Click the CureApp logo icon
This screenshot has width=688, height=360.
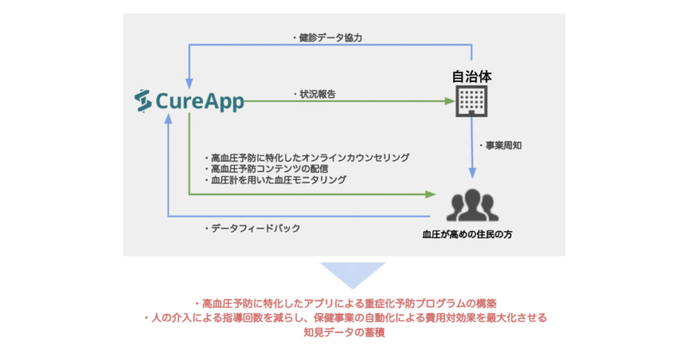[x=143, y=101]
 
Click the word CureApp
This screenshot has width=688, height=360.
[x=200, y=101]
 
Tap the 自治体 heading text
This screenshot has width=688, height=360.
[x=472, y=77]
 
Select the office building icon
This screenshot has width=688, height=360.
[x=472, y=101]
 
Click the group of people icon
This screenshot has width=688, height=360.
[x=472, y=205]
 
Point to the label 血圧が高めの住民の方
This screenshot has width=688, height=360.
[x=468, y=234]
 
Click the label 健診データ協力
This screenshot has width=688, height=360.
[x=328, y=38]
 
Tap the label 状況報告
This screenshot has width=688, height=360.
[x=314, y=94]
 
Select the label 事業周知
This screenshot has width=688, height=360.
[x=501, y=146]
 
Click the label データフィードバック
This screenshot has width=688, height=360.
[x=253, y=228]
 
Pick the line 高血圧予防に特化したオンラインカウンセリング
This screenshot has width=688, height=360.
[x=307, y=158]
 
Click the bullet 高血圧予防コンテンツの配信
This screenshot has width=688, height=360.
[x=267, y=169]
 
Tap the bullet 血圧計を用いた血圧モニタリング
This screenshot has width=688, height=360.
[x=275, y=180]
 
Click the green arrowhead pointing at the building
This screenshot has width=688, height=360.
[x=449, y=101]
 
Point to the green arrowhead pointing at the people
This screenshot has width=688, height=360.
[x=431, y=194]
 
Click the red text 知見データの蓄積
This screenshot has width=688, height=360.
[x=344, y=332]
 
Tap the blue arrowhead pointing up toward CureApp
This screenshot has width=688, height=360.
[x=168, y=118]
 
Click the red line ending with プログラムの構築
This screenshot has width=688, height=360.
[x=345, y=304]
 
